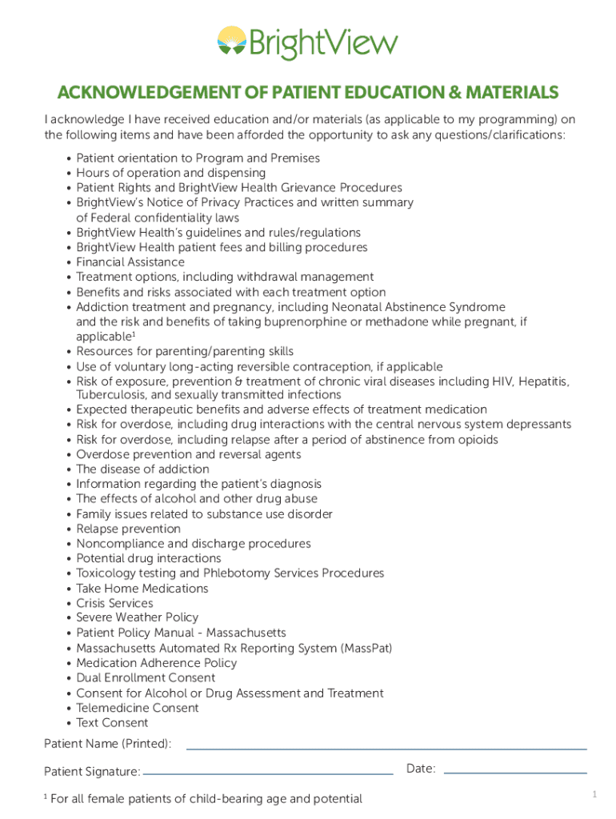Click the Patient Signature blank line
268,773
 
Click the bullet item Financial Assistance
130,262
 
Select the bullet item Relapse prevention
128,529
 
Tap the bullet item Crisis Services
114,603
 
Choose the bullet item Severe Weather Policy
138,617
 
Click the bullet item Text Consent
112,722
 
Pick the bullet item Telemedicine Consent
138,708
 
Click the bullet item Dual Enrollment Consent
146,677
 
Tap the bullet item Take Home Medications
142,588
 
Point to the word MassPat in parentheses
367,648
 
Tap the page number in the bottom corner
594,794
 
